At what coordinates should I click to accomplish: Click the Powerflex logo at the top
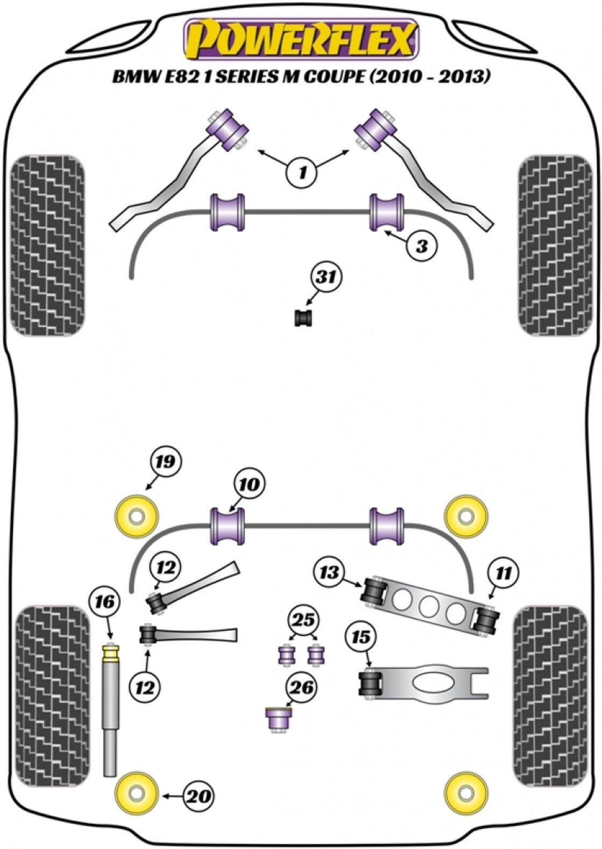301,38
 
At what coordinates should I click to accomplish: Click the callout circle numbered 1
302,172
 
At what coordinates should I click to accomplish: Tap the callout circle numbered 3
422,246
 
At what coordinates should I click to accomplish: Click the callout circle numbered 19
166,462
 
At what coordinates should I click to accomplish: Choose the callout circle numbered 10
249,484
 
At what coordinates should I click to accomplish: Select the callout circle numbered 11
504,573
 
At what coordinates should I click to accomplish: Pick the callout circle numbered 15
362,637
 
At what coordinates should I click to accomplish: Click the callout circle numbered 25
303,620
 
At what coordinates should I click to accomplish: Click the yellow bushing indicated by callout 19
137,516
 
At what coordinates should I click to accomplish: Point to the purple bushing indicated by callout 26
279,718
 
